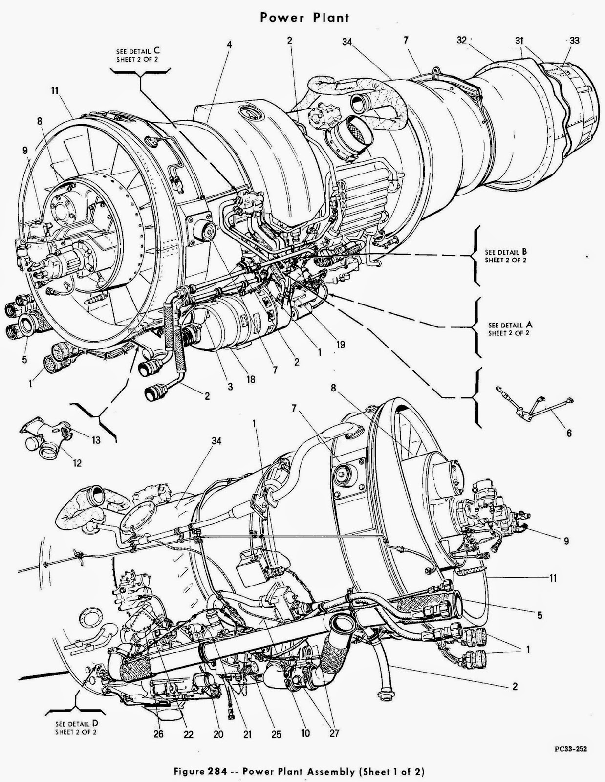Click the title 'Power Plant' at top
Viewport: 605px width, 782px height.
coord(304,18)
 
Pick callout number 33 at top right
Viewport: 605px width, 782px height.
coord(574,41)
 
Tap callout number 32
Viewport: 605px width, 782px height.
coord(462,41)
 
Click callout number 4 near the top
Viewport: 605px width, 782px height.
coord(229,44)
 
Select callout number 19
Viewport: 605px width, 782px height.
coord(341,345)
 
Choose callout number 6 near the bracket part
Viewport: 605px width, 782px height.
coord(569,433)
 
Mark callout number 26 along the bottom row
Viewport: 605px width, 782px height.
coord(159,734)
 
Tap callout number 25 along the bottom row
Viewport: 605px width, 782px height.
coord(276,734)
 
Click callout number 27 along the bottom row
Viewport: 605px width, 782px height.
coord(334,733)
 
